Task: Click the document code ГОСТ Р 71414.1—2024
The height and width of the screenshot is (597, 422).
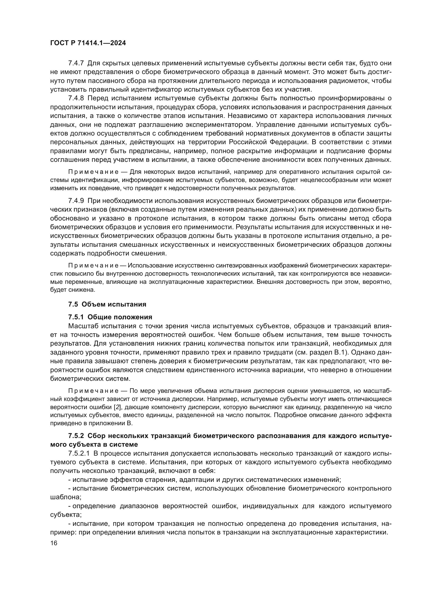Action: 88,43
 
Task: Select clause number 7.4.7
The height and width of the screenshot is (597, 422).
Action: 76,63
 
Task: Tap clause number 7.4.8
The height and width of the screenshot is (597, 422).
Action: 76,98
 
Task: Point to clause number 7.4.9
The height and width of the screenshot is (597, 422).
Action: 76,201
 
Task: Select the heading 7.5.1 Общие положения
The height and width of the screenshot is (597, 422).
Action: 110,317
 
